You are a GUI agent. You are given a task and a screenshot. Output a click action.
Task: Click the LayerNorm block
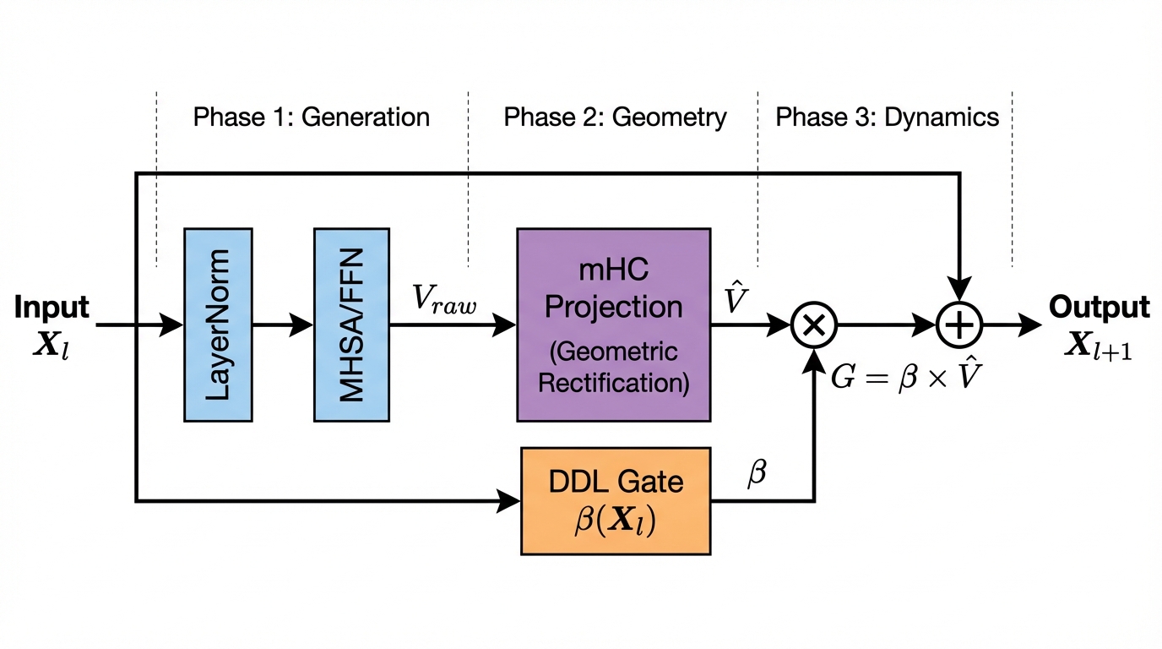[218, 324]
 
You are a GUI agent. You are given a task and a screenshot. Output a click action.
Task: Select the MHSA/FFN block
[351, 324]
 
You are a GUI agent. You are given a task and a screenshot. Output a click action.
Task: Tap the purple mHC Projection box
[613, 324]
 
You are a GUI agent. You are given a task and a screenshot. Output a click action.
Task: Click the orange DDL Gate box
[615, 501]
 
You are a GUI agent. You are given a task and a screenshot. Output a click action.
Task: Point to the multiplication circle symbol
[813, 324]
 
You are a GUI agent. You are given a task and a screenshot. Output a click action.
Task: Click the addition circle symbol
[959, 324]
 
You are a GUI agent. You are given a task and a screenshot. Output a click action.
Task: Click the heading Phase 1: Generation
[312, 117]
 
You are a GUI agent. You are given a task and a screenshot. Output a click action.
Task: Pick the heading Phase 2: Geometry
[615, 117]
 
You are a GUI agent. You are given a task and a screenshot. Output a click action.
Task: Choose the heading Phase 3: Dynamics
[887, 117]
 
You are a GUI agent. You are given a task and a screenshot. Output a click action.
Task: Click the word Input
[52, 308]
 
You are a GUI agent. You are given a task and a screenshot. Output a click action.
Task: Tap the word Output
[1099, 308]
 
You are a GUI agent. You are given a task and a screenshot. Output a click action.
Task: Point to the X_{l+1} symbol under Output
[1098, 345]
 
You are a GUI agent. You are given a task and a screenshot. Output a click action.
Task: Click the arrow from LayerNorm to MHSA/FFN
[282, 324]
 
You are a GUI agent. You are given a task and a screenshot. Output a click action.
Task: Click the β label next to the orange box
[757, 474]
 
